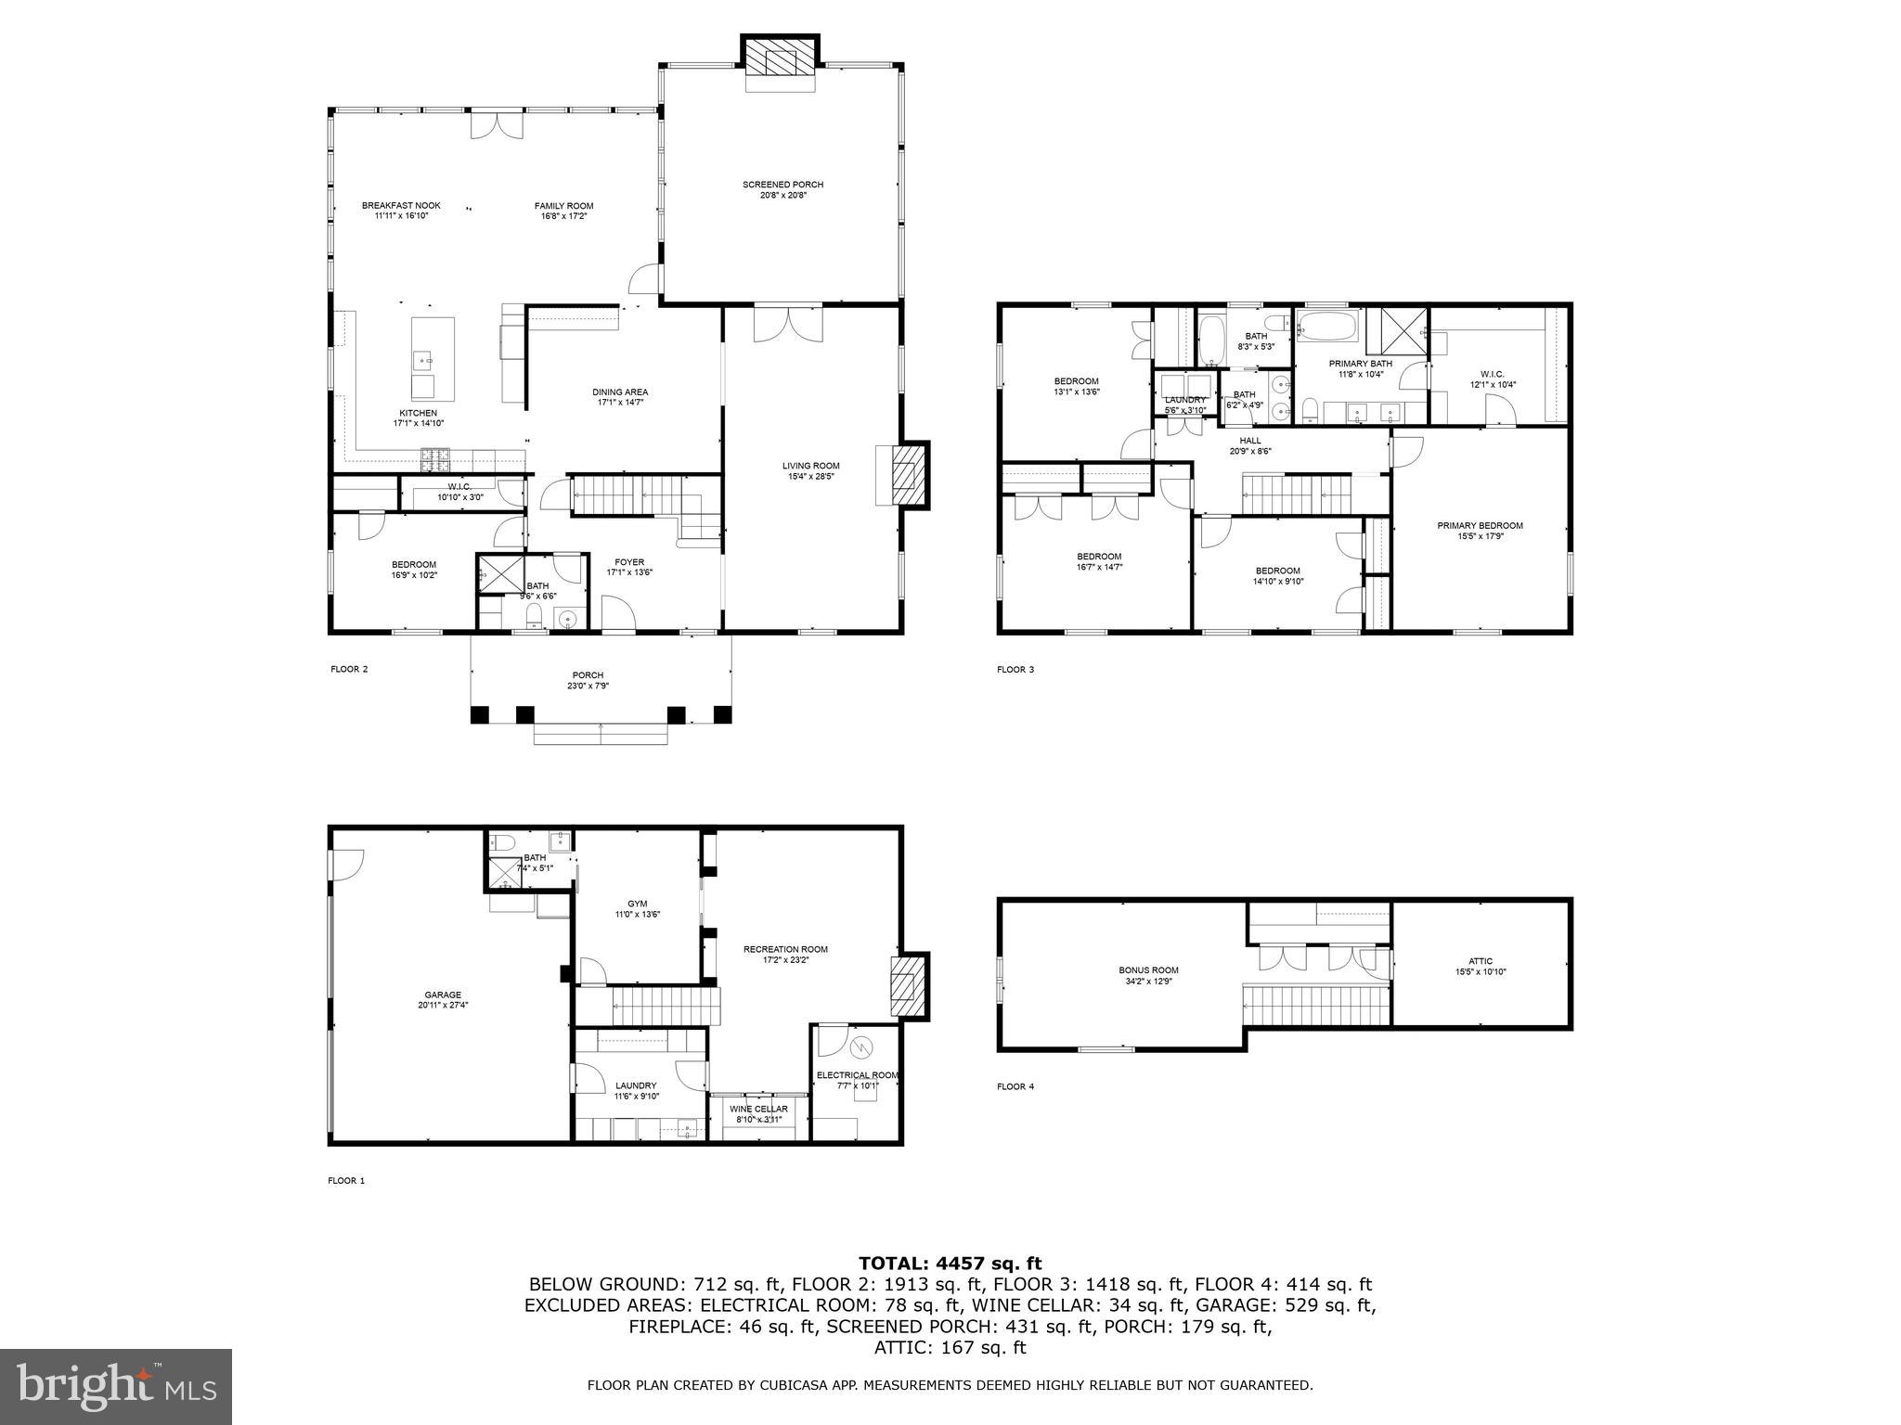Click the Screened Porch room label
[782, 186]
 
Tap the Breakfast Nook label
[401, 206]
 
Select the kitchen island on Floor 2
[433, 357]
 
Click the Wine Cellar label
[758, 1109]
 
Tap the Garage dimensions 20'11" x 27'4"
[443, 1006]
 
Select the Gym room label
[637, 904]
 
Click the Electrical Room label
[857, 1075]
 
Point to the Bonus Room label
[1148, 970]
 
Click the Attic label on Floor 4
[1481, 961]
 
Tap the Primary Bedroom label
[1480, 526]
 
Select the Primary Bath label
[1360, 364]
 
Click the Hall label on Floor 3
[1250, 441]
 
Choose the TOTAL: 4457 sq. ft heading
[950, 1263]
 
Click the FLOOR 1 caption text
[346, 1181]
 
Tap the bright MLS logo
[116, 1386]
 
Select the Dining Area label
[620, 392]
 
